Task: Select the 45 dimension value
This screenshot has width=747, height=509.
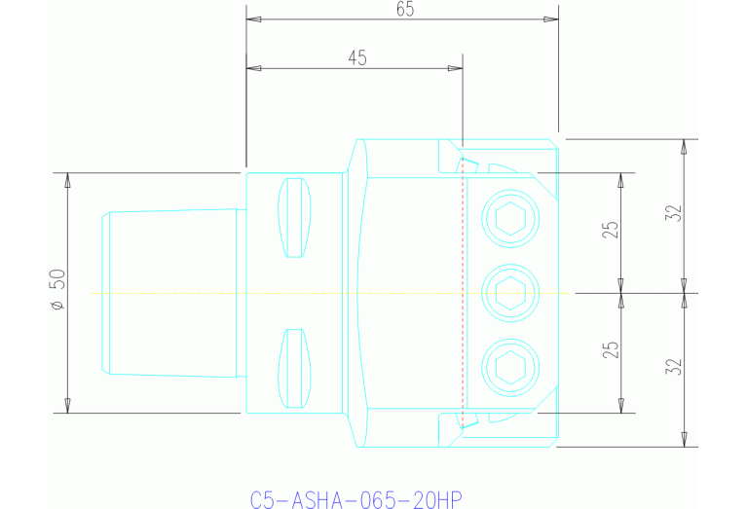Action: click(x=356, y=57)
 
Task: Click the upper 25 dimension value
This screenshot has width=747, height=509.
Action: click(x=611, y=231)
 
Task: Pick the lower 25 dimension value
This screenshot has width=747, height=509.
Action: click(x=611, y=349)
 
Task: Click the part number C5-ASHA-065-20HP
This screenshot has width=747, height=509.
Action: click(x=355, y=499)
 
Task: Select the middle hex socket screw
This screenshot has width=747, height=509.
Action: click(x=511, y=290)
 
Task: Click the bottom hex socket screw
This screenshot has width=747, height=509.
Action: click(x=511, y=366)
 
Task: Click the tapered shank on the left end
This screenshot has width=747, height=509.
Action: click(x=170, y=292)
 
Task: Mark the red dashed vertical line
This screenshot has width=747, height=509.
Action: click(x=463, y=292)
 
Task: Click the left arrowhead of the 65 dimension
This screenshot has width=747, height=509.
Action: click(x=253, y=18)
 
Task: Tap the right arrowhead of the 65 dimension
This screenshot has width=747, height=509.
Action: click(x=551, y=18)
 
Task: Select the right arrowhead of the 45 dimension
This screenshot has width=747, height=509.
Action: click(x=455, y=68)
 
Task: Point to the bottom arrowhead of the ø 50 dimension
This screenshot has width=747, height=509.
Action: click(x=67, y=406)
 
